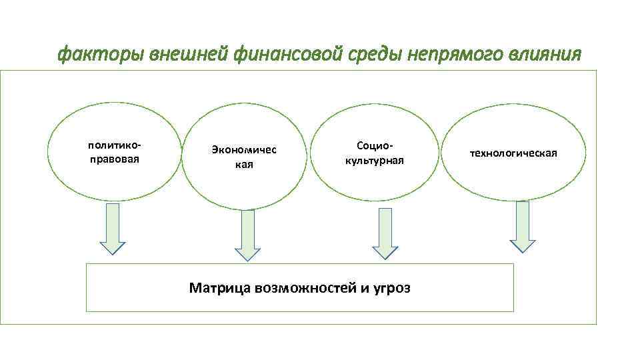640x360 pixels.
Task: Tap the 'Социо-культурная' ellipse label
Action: [x=375, y=153]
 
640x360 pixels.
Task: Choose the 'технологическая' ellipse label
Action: [x=513, y=153]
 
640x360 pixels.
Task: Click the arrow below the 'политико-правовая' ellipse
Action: [x=113, y=228]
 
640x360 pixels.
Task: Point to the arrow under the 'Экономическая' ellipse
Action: [x=248, y=235]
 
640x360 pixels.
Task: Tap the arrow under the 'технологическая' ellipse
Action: [x=523, y=227]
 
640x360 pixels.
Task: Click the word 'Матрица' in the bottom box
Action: [x=218, y=288]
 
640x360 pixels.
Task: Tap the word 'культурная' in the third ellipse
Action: [x=375, y=161]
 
